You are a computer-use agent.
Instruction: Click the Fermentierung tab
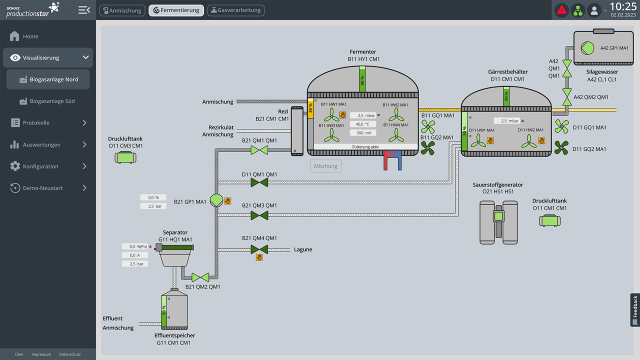[x=176, y=10]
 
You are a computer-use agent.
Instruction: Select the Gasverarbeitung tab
[x=236, y=10]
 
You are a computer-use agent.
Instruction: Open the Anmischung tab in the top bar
[x=122, y=10]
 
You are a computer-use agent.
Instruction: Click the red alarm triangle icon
[x=562, y=10]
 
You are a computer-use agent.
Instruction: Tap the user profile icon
[x=594, y=10]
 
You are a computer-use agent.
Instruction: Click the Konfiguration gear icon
[x=15, y=166]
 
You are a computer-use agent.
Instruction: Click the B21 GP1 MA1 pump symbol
[x=216, y=200]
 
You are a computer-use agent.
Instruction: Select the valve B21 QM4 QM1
[x=259, y=249]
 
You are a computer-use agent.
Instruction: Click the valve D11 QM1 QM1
[x=259, y=183]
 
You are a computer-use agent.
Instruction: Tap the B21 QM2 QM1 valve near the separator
[x=200, y=277]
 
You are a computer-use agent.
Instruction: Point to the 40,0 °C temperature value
[x=363, y=124]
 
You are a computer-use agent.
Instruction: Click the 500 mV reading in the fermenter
[x=363, y=133]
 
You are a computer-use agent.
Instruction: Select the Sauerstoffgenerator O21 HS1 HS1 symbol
[x=498, y=222]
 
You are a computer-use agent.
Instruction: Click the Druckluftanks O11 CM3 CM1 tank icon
[x=125, y=157]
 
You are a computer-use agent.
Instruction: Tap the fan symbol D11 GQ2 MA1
[x=561, y=148]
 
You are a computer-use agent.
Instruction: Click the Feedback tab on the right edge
[x=635, y=309]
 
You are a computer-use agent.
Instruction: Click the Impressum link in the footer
[x=41, y=354]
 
